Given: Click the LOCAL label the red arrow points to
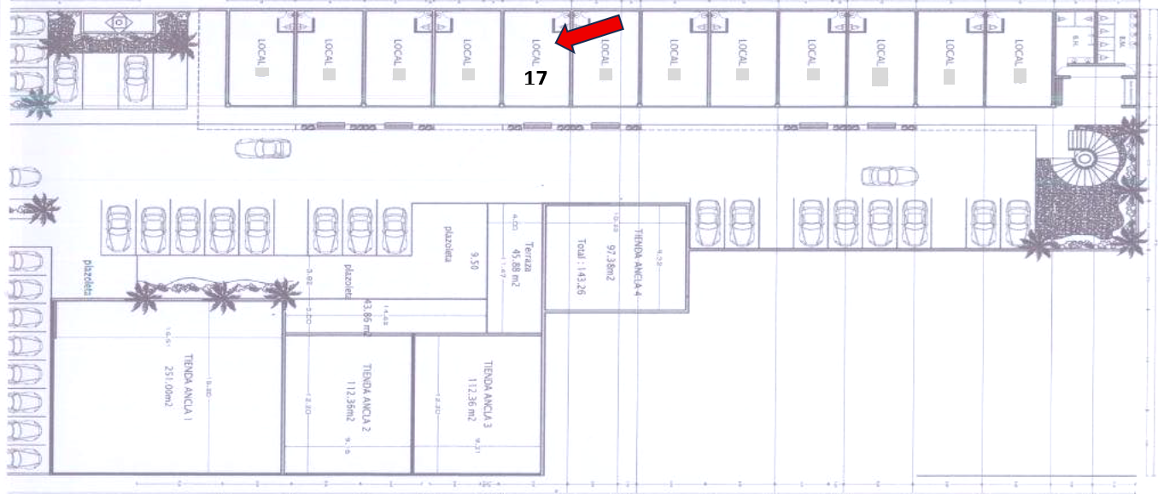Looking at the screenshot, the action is click(x=535, y=52).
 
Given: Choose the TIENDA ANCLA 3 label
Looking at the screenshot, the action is click(x=488, y=392).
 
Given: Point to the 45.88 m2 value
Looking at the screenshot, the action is click(x=515, y=254).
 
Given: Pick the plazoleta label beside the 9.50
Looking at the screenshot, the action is click(x=446, y=245).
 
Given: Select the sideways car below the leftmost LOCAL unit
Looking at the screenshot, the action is click(x=263, y=148).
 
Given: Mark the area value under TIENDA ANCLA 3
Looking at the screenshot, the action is click(x=471, y=398).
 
